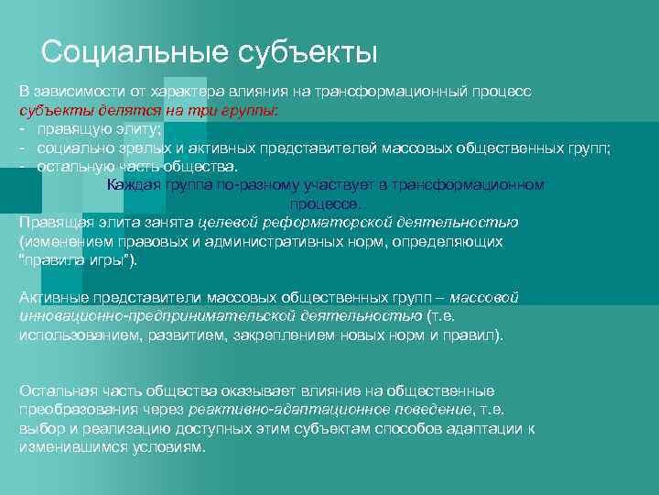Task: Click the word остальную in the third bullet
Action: [73, 167]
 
